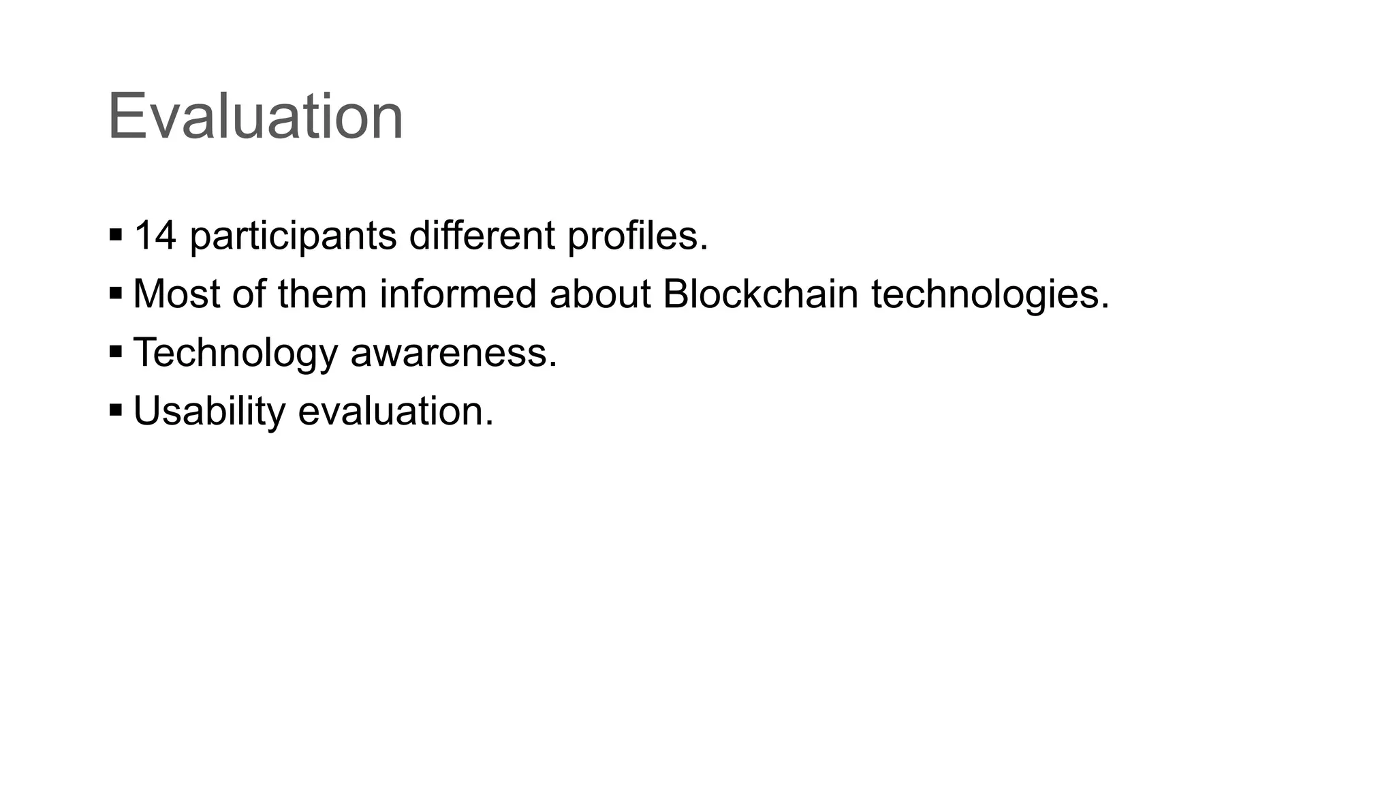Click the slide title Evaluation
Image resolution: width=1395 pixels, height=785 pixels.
pyautogui.click(x=255, y=117)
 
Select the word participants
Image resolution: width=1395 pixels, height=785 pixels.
pyautogui.click(x=294, y=237)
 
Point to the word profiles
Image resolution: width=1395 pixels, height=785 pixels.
pyautogui.click(x=638, y=237)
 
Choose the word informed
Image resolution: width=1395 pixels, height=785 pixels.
pyautogui.click(x=458, y=294)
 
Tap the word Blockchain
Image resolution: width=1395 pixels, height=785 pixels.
pyautogui.click(x=760, y=294)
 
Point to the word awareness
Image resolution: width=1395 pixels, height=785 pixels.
pyautogui.click(x=454, y=353)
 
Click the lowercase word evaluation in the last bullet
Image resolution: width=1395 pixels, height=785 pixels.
pyautogui.click(x=396, y=411)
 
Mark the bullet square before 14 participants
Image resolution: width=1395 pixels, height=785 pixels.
pyautogui.click(x=116, y=236)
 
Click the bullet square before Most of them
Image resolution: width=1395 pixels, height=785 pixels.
pyautogui.click(x=116, y=294)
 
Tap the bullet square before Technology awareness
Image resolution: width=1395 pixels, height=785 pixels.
pyautogui.click(x=116, y=353)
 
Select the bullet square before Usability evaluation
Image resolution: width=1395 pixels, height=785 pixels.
pyautogui.click(x=116, y=411)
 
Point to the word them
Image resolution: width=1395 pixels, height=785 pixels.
pyautogui.click(x=322, y=294)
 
